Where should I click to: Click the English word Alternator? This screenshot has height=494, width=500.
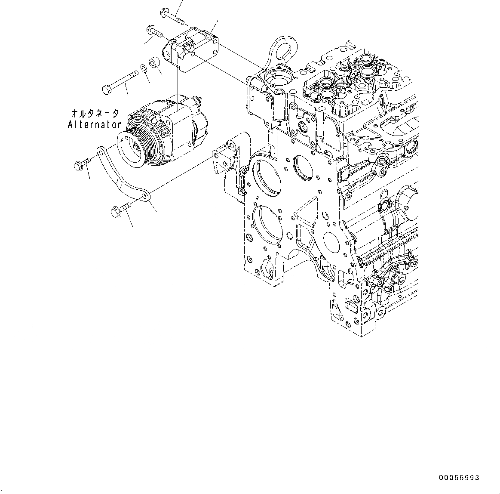pos(95,125)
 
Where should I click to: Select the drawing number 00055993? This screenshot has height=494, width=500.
pos(459,478)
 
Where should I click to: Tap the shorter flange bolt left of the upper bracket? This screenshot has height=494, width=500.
pos(154,31)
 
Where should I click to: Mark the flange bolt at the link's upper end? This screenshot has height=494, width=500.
pos(82,164)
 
